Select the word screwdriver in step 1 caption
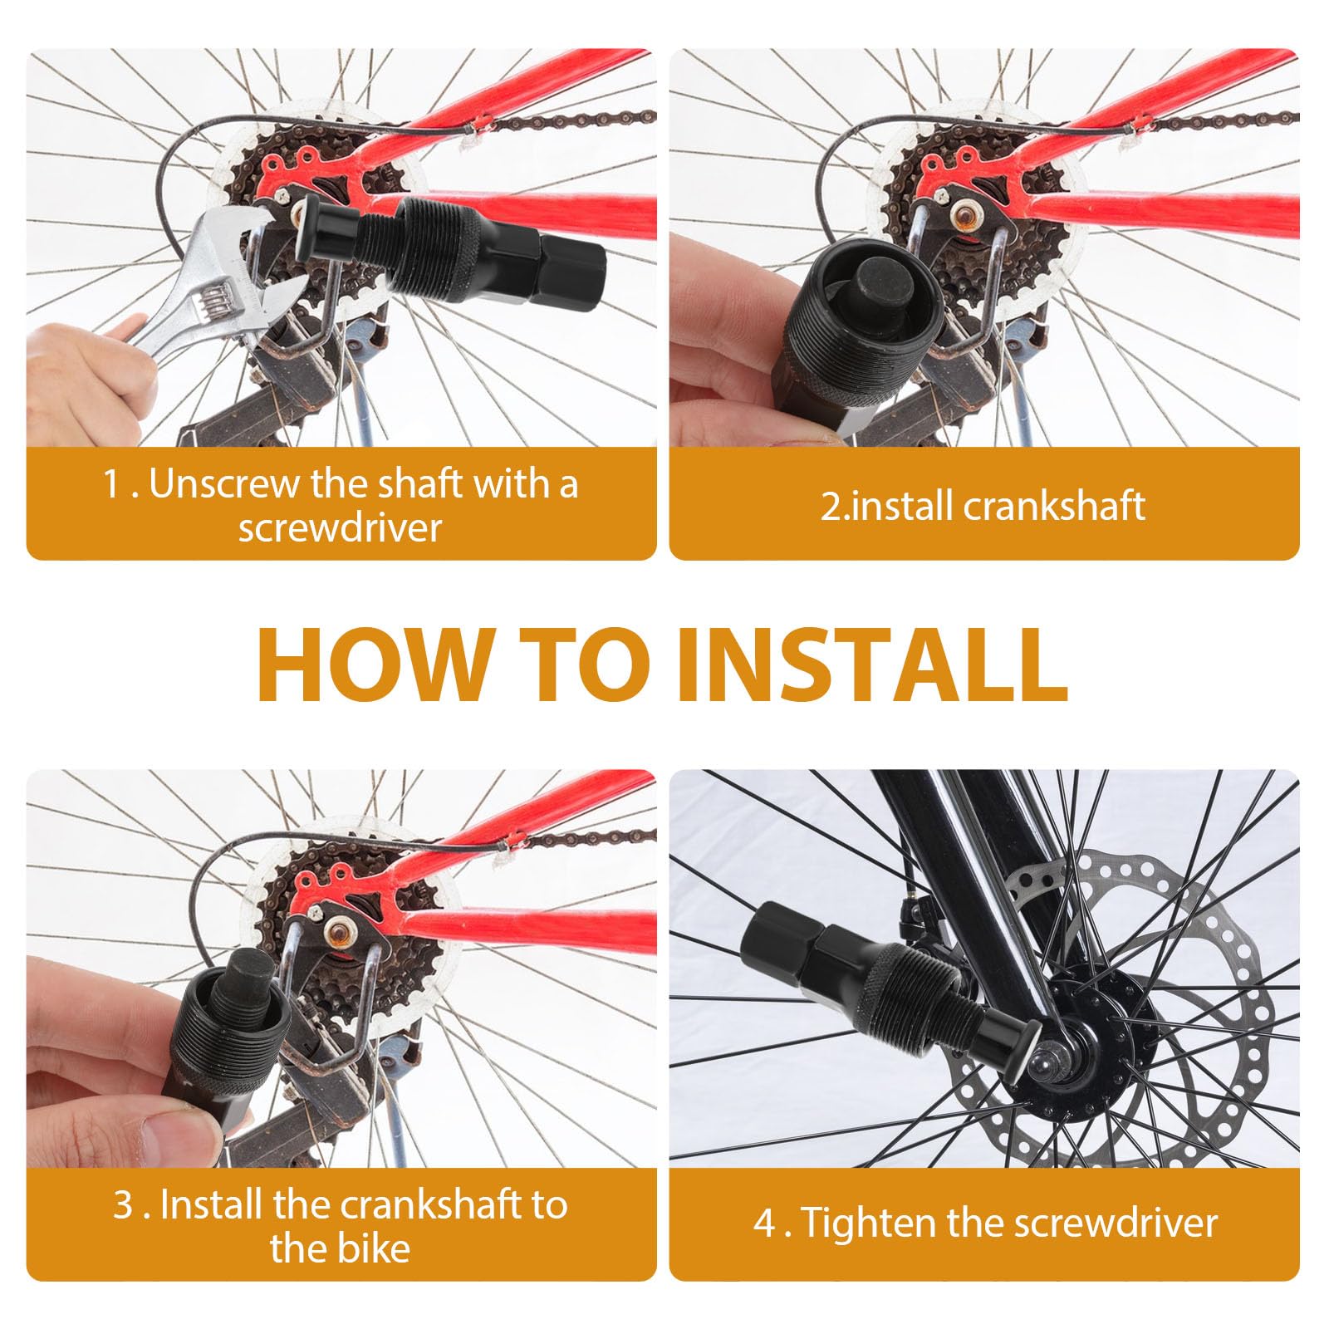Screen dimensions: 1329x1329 (340, 528)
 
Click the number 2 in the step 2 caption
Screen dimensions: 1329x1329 (830, 506)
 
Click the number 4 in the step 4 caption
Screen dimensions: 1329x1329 (763, 1223)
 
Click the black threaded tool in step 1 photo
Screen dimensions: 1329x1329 (465, 249)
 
